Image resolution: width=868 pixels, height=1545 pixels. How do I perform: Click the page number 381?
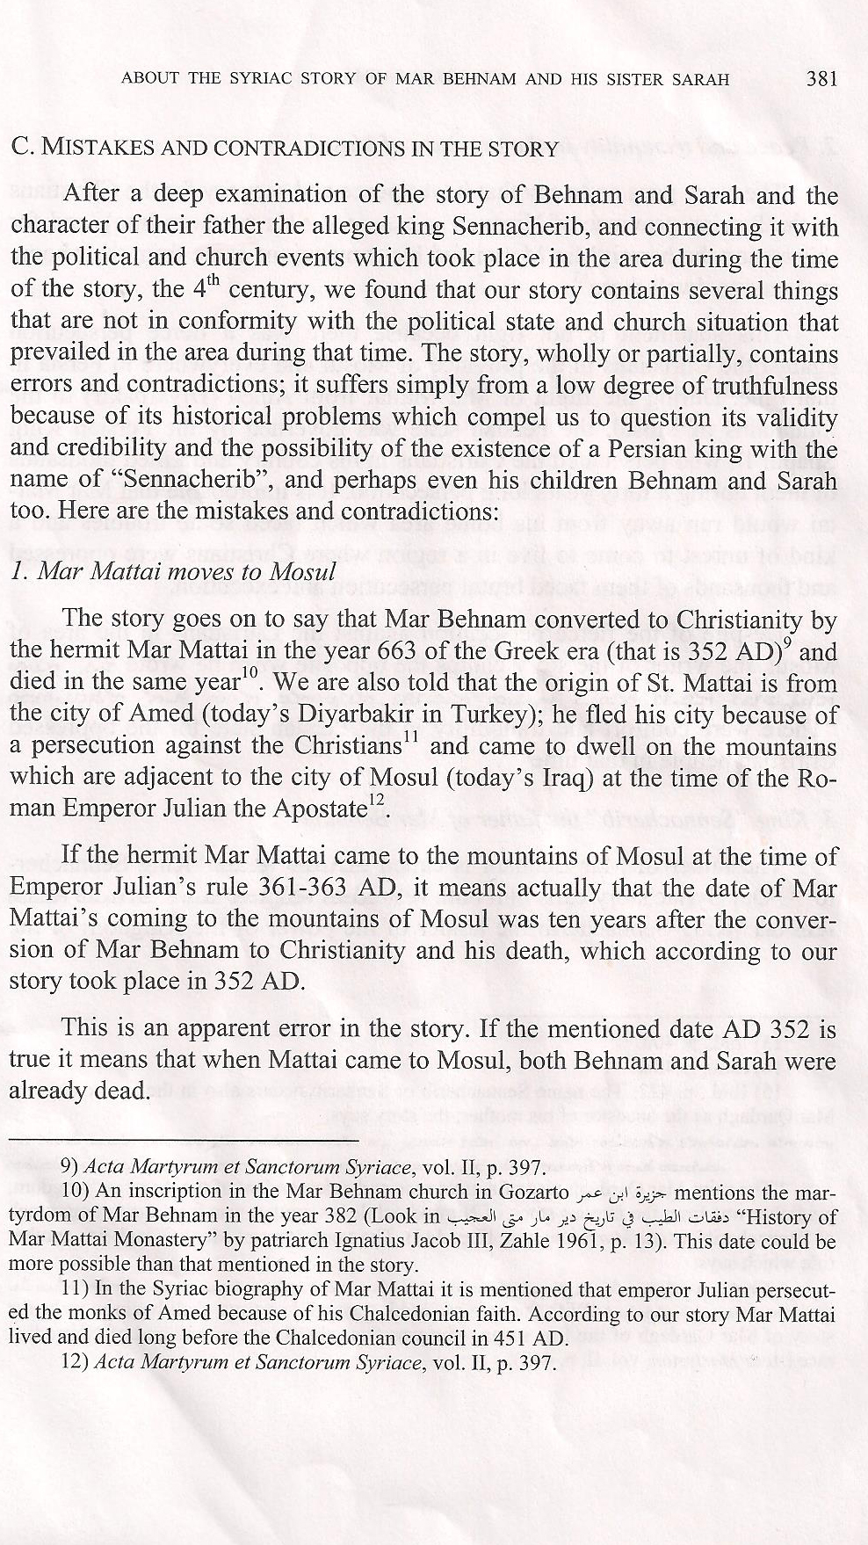(821, 78)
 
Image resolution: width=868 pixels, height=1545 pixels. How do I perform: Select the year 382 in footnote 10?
(337, 1219)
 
